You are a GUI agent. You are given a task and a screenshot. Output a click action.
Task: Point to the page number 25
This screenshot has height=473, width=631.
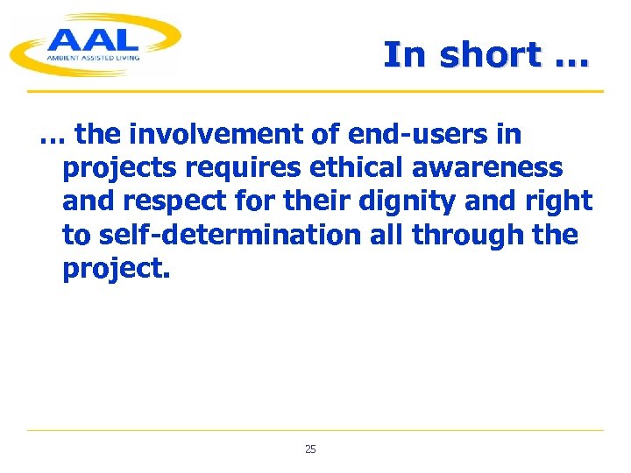310,449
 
